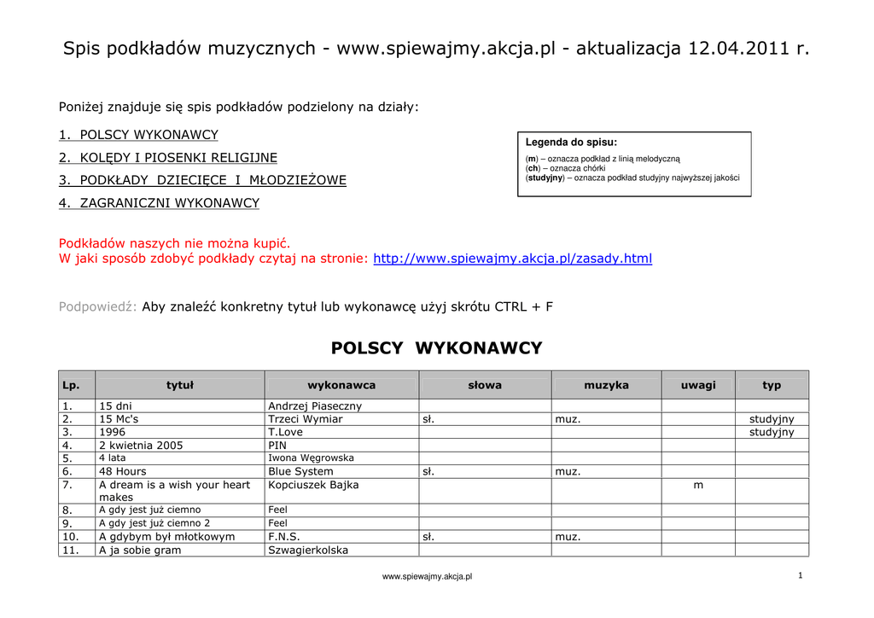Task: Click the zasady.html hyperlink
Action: coord(512,259)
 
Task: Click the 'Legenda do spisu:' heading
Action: coord(571,143)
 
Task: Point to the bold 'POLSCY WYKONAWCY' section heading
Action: coord(436,348)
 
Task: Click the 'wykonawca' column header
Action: coord(341,386)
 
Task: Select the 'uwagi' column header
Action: coord(698,386)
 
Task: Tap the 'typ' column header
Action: coord(772,386)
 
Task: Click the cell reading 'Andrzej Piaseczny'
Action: coord(315,406)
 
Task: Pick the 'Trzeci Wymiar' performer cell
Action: coord(305,419)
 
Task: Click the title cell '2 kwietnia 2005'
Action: coord(141,446)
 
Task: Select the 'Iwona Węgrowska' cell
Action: coord(311,458)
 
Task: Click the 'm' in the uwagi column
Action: coord(698,485)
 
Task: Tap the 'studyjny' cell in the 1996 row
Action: coord(772,432)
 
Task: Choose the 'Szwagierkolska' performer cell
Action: coord(308,551)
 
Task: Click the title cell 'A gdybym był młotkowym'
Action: coord(166,537)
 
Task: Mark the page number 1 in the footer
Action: coord(800,576)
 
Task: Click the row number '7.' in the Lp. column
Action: coord(67,485)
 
